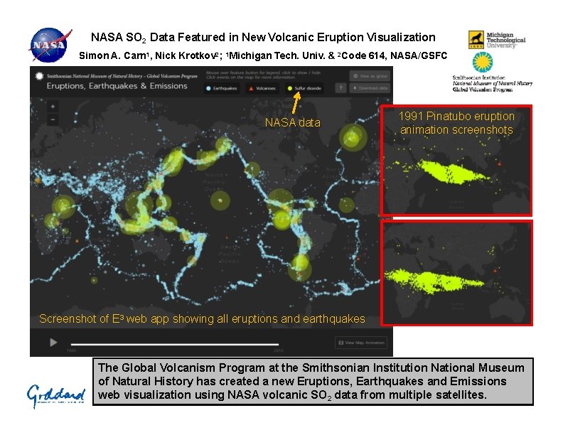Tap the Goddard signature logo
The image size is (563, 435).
pyautogui.click(x=56, y=394)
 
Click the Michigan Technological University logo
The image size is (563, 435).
pyautogui.click(x=496, y=40)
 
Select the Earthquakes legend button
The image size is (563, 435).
pyautogui.click(x=222, y=89)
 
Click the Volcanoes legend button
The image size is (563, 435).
pyautogui.click(x=262, y=89)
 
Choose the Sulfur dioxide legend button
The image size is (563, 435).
pyautogui.click(x=304, y=89)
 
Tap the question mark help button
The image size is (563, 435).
pyautogui.click(x=341, y=89)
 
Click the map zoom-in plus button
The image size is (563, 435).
pyautogui.click(x=53, y=107)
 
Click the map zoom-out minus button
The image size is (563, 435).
pyautogui.click(x=53, y=119)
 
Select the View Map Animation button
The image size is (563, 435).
pyautogui.click(x=361, y=343)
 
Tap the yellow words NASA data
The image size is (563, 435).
pyautogui.click(x=292, y=123)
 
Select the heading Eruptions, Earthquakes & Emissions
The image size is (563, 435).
pyautogui.click(x=117, y=86)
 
